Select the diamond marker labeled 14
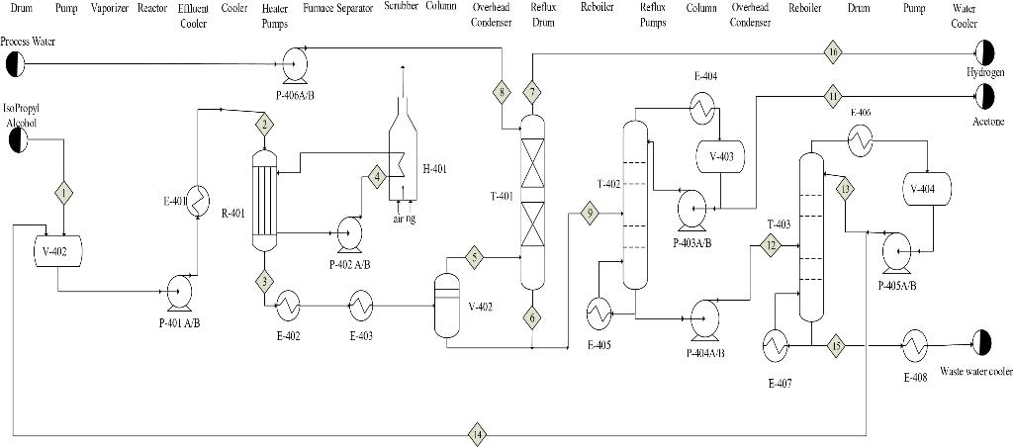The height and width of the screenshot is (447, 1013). [x=477, y=433]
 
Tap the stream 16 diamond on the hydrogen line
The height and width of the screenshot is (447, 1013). [x=833, y=50]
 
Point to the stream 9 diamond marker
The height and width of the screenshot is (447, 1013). [x=591, y=213]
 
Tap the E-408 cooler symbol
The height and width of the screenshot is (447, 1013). [x=914, y=346]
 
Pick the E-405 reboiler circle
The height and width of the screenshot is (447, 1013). [x=599, y=313]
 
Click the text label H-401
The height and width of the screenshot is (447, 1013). [x=434, y=169]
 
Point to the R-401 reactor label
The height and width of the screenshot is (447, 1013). [x=232, y=212]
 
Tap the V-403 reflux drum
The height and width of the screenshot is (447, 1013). [x=721, y=156]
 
